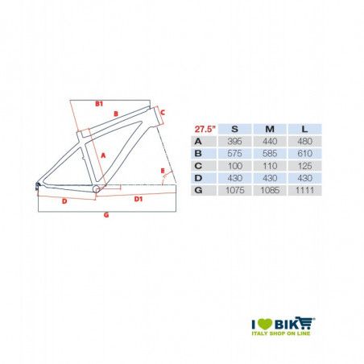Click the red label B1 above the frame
(99, 104)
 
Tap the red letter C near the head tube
(162, 113)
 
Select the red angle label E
(163, 170)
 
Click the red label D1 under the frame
(138, 196)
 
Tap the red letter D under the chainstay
(64, 202)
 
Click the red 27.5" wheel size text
(205, 129)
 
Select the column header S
(234, 129)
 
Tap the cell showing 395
(234, 140)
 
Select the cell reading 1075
(234, 189)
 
